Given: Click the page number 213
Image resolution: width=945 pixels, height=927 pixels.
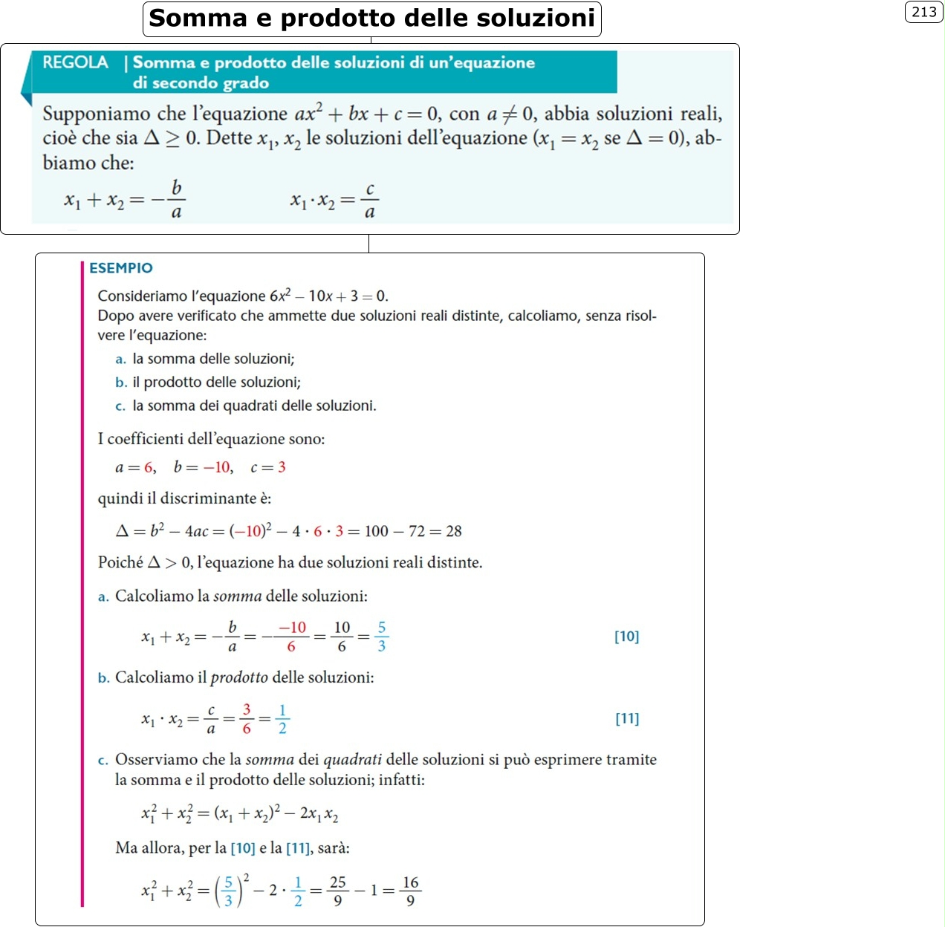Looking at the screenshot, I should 923,12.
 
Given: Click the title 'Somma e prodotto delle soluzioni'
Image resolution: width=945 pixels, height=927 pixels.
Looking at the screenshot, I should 371,19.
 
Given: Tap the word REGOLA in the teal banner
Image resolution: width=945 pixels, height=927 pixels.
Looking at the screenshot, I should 75,62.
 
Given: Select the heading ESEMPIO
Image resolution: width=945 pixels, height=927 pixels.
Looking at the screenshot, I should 121,268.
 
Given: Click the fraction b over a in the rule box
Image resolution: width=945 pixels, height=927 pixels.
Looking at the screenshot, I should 176,200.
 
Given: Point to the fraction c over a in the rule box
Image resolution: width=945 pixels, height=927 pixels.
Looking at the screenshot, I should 369,201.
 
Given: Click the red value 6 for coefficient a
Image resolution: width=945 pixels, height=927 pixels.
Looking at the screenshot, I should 149,467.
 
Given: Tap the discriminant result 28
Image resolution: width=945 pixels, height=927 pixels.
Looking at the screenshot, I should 453,531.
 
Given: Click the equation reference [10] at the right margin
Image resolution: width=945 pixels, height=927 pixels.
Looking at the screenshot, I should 626,637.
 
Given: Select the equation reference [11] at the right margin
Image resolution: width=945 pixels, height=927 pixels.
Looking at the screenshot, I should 627,718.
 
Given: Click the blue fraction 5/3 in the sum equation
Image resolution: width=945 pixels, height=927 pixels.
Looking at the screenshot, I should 381,637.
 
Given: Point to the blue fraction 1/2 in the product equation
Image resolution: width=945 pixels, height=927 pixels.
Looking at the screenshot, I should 282,719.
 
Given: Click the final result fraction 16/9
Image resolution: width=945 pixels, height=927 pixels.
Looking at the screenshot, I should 410,891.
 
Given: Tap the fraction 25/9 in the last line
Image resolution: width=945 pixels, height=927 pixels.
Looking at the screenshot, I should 338,891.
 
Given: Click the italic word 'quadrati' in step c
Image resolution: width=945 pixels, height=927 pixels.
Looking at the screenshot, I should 352,760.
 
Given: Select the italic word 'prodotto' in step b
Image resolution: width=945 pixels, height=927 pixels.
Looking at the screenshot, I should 239,677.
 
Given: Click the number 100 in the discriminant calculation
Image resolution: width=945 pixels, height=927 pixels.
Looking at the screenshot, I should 376,531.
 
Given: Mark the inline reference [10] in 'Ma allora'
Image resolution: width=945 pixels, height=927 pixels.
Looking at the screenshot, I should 243,848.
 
